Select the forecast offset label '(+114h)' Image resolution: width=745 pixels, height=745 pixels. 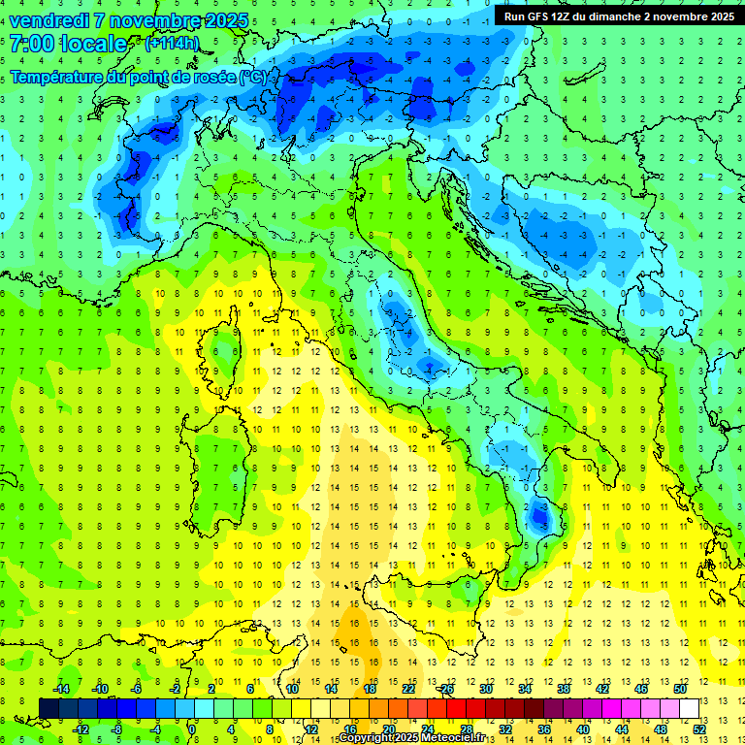(172, 44)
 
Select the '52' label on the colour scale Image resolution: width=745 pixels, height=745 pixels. (700, 729)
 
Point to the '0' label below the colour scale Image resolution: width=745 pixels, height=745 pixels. (192, 729)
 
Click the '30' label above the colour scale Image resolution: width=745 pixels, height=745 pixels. (486, 689)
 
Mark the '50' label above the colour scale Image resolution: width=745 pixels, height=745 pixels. (679, 689)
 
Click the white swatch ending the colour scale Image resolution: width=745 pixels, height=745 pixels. (689, 708)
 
